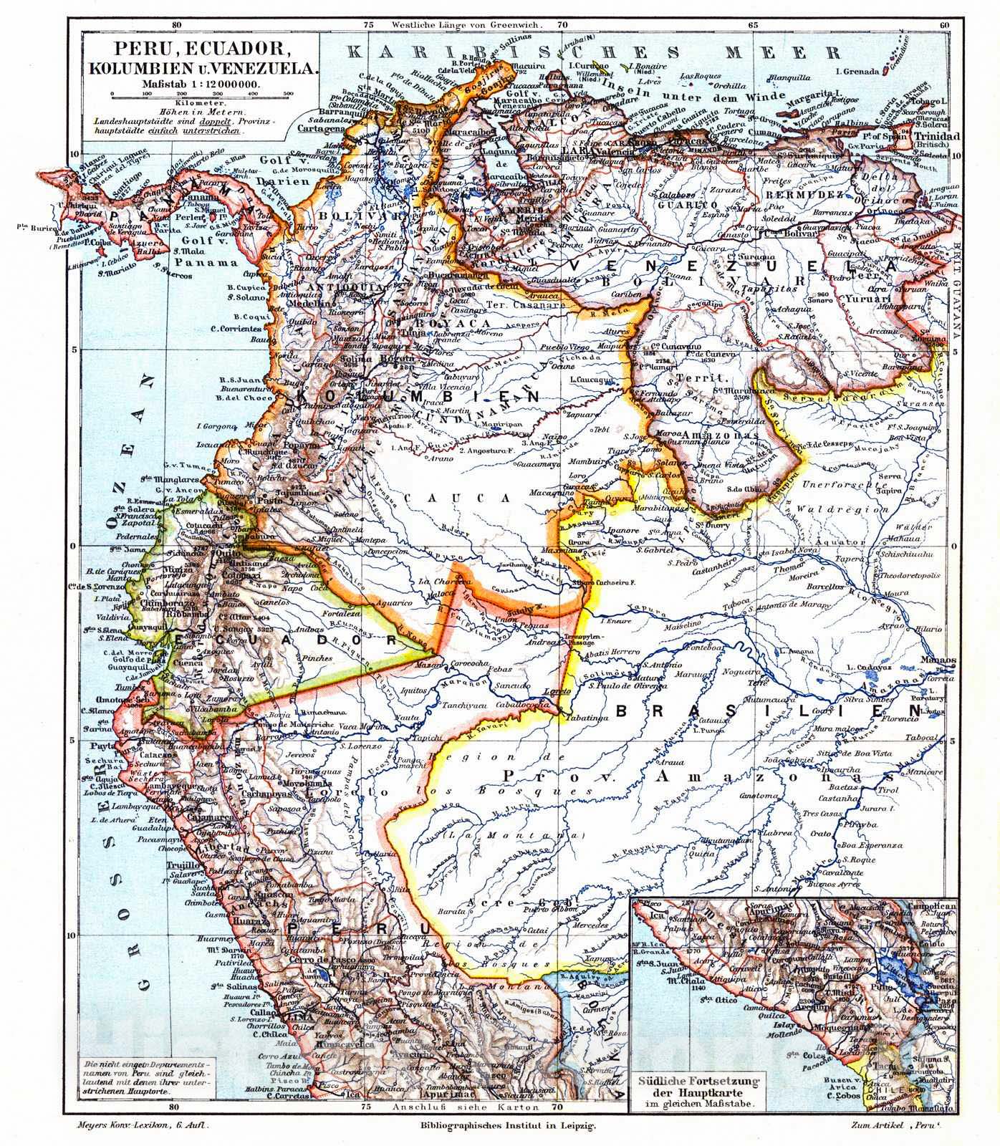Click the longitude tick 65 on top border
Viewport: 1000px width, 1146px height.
pos(753,24)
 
